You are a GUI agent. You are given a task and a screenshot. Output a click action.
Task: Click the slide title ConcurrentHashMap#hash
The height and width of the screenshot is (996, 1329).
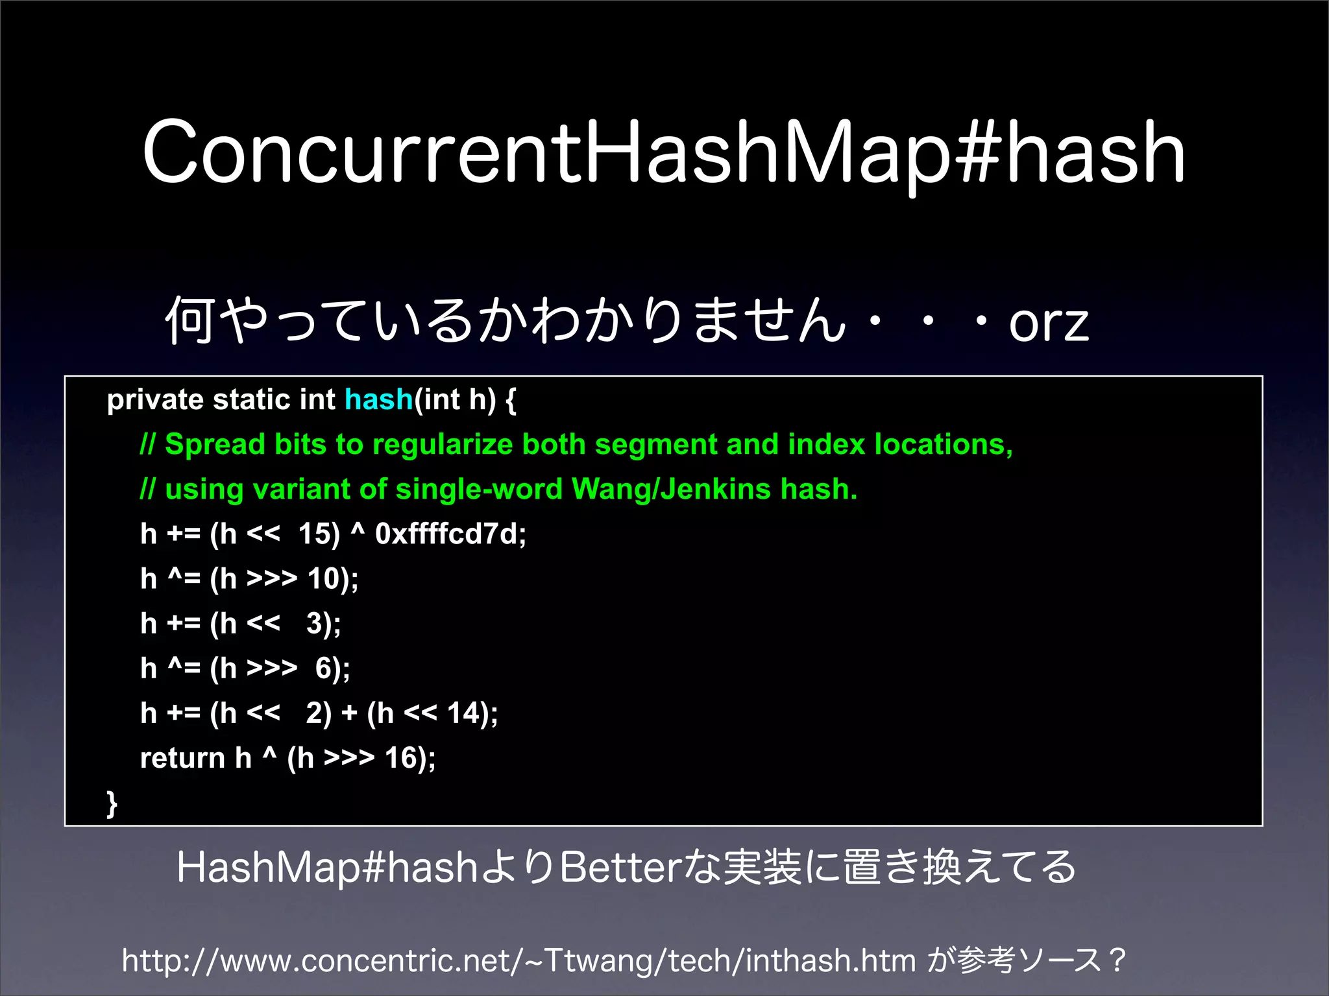pyautogui.click(x=663, y=153)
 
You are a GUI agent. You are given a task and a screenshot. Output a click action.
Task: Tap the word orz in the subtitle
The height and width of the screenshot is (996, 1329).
pyautogui.click(x=1048, y=322)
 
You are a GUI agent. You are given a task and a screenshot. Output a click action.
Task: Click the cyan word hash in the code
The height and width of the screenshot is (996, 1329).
pyautogui.click(x=379, y=399)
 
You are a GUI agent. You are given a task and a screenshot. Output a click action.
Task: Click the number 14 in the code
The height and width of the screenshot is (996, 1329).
pyautogui.click(x=463, y=713)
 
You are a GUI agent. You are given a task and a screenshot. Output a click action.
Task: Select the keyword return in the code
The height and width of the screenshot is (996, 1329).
pyautogui.click(x=182, y=758)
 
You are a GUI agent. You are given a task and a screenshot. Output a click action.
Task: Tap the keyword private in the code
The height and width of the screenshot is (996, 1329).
pyautogui.click(x=155, y=400)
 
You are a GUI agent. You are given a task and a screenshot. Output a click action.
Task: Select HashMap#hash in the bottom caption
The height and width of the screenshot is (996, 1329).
pyautogui.click(x=327, y=868)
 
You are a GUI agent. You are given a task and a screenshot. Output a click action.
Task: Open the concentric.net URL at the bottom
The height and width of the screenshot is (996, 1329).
pyautogui.click(x=518, y=960)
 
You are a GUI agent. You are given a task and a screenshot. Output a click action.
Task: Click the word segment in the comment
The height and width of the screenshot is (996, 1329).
pyautogui.click(x=655, y=445)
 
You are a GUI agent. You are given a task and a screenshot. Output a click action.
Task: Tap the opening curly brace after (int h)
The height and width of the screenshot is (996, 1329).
pyautogui.click(x=511, y=400)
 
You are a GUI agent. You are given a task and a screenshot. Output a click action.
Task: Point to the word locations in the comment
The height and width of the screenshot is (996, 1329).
pyautogui.click(x=942, y=445)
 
